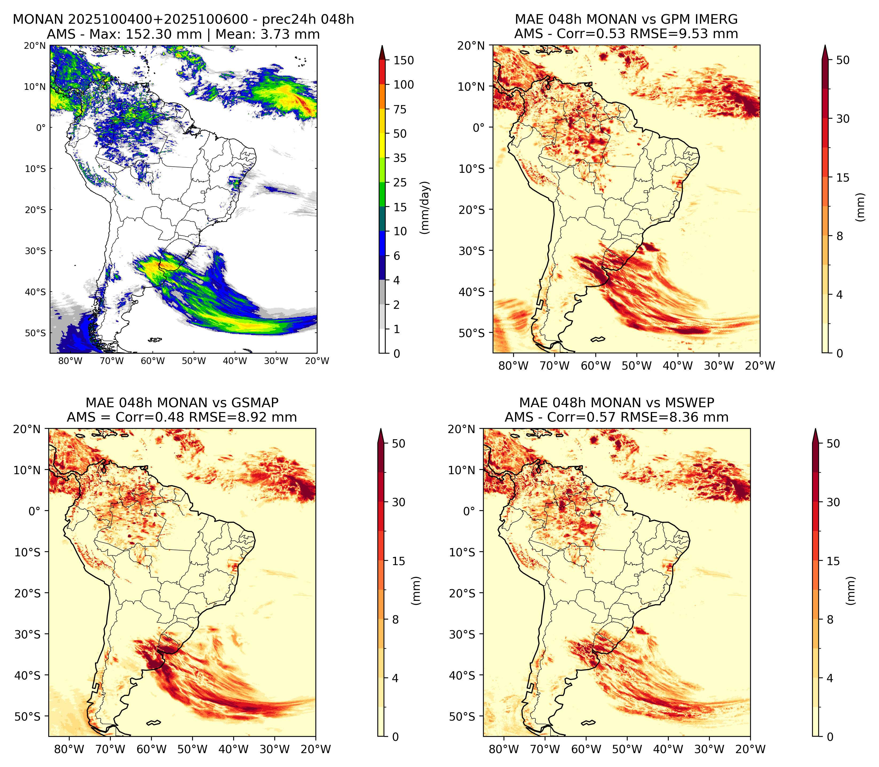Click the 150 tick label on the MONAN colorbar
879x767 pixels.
[x=404, y=60]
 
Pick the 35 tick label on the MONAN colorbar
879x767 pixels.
[x=400, y=158]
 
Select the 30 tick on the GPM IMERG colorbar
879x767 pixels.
[x=843, y=119]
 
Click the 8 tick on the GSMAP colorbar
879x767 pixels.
[x=395, y=619]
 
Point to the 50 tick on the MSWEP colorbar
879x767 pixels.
[x=833, y=444]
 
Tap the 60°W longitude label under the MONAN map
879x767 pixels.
[x=153, y=361]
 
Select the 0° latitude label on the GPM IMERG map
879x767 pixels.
[x=479, y=127]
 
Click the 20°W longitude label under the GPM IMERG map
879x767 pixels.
[x=760, y=366]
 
